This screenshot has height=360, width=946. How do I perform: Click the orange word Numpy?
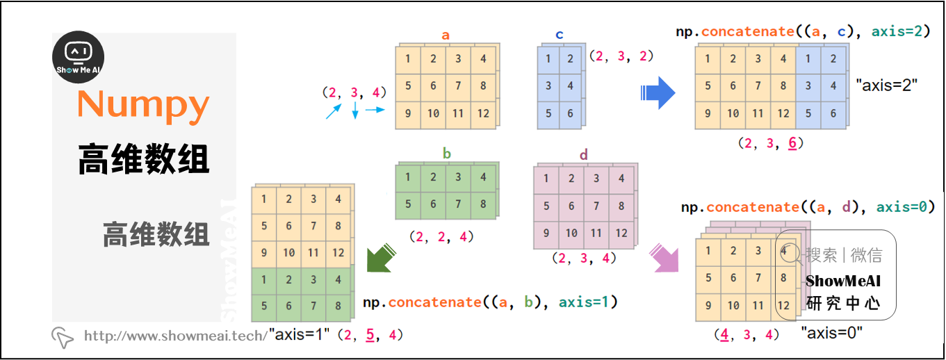click(x=143, y=105)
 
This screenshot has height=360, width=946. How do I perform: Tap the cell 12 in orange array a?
click(x=483, y=113)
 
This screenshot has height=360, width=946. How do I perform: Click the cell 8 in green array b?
click(x=483, y=204)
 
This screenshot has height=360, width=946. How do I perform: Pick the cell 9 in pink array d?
click(x=547, y=234)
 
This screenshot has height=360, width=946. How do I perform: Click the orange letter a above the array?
click(x=446, y=35)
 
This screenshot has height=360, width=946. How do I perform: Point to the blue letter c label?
click(x=560, y=35)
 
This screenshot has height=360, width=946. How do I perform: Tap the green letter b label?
click(x=446, y=153)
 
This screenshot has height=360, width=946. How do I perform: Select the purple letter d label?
click(x=583, y=155)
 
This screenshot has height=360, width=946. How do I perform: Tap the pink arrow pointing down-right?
click(x=663, y=258)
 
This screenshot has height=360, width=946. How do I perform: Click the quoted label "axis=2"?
click(x=887, y=85)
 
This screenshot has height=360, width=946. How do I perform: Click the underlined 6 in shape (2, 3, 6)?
click(x=792, y=143)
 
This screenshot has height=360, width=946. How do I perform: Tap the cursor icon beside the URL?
click(x=63, y=337)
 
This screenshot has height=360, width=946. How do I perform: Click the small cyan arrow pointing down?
click(x=354, y=110)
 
